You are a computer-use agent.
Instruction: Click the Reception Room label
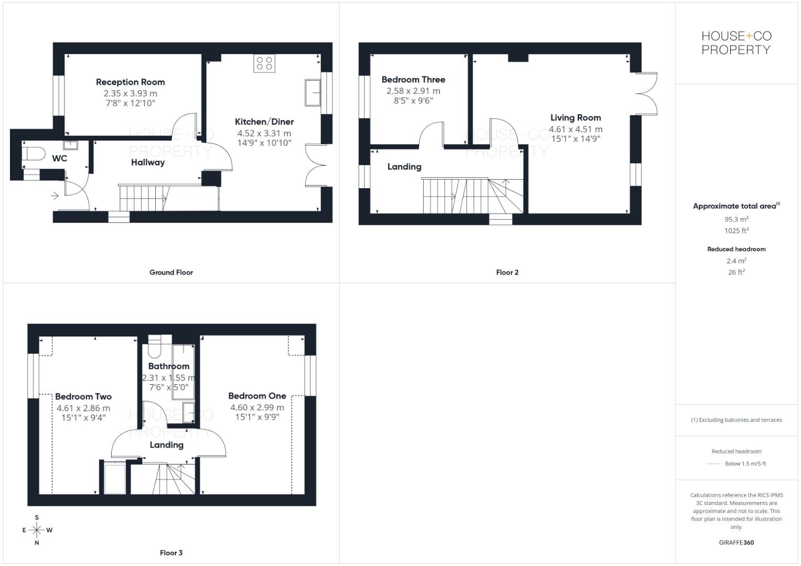pyautogui.click(x=130, y=82)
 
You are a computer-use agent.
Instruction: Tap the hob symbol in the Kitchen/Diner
pyautogui.click(x=264, y=63)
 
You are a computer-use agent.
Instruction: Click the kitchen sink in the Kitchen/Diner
pyautogui.click(x=313, y=93)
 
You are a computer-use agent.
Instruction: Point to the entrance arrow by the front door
pyautogui.click(x=55, y=196)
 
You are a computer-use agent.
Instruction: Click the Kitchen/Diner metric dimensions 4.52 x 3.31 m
pyautogui.click(x=264, y=133)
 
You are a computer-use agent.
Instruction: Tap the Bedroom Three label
pyautogui.click(x=413, y=80)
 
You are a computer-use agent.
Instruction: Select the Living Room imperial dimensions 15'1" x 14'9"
pyautogui.click(x=575, y=139)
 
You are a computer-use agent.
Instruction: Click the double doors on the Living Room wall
pyautogui.click(x=646, y=93)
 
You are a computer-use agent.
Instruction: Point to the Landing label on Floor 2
pyautogui.click(x=404, y=167)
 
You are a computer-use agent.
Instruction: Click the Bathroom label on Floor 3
pyautogui.click(x=168, y=366)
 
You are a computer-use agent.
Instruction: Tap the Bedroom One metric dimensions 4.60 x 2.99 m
pyautogui.click(x=257, y=407)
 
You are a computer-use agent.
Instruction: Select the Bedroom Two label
pyautogui.click(x=83, y=397)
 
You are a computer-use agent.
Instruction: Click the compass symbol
pyautogui.click(x=37, y=530)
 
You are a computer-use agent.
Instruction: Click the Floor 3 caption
pyautogui.click(x=171, y=553)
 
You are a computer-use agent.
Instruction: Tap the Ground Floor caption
pyautogui.click(x=171, y=273)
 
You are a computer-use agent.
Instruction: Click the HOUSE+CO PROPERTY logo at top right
pyautogui.click(x=736, y=43)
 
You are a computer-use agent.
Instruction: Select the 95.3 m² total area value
pyautogui.click(x=736, y=220)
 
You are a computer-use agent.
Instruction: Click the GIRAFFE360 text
pyautogui.click(x=736, y=542)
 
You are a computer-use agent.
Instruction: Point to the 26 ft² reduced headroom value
pyautogui.click(x=736, y=272)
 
